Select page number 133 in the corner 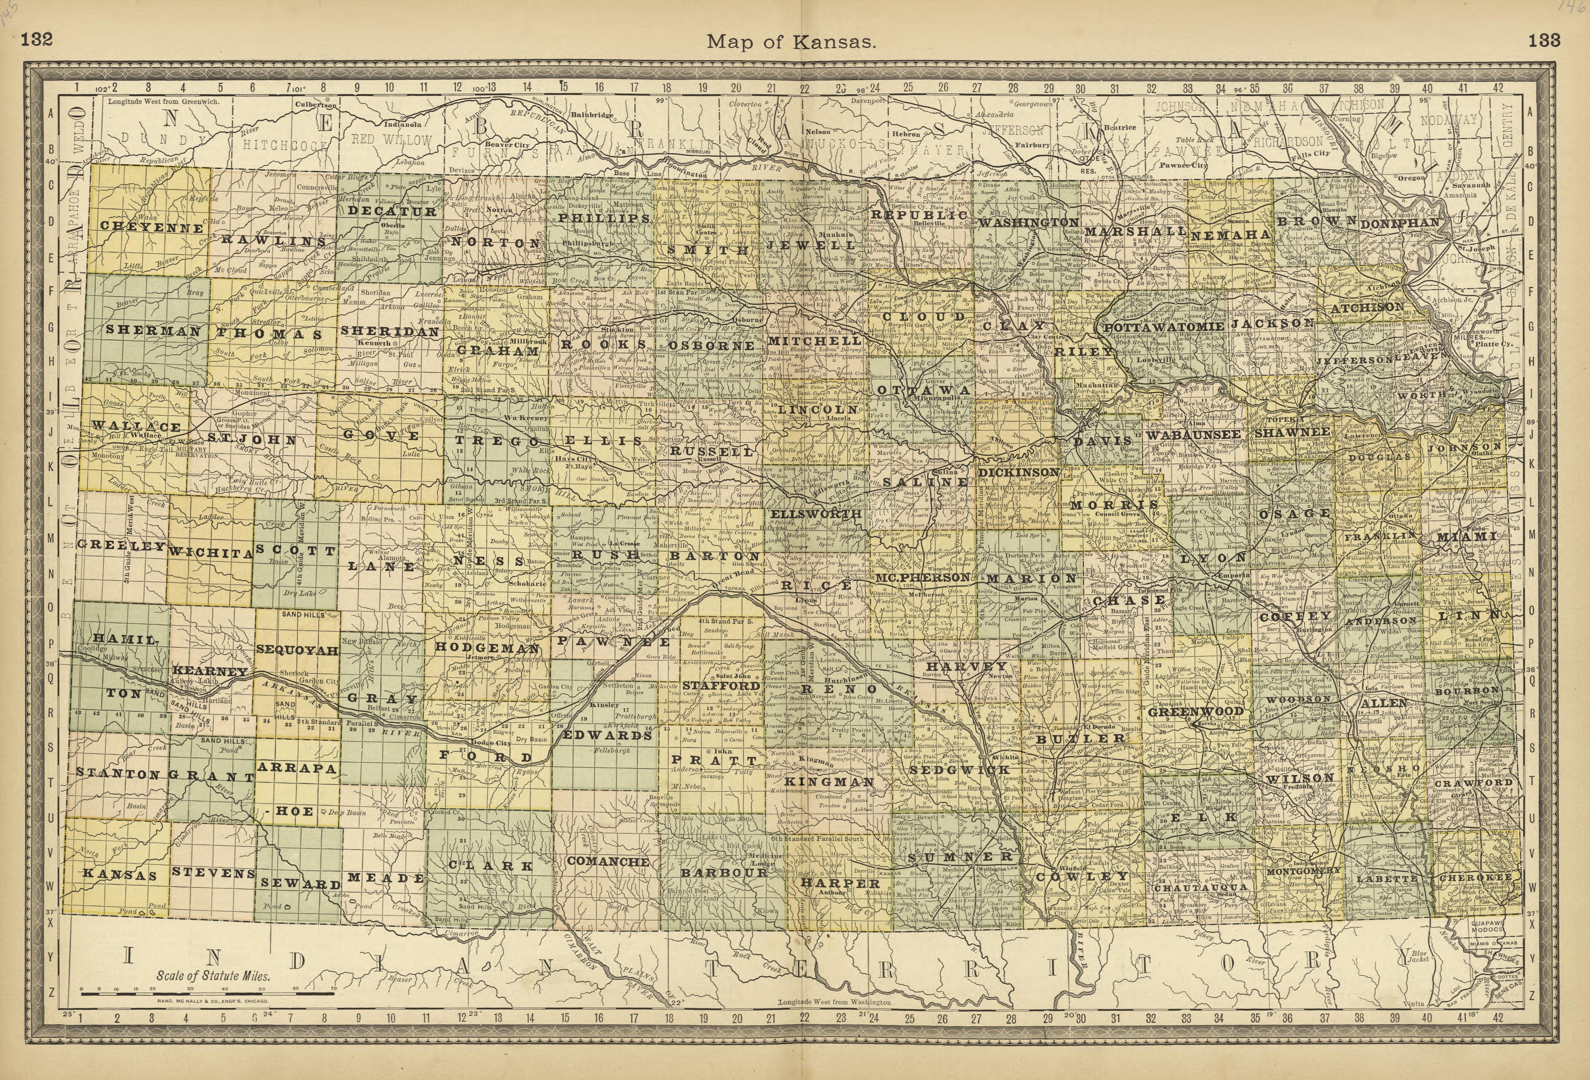tap(1544, 40)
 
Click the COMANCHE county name tap(608, 861)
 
